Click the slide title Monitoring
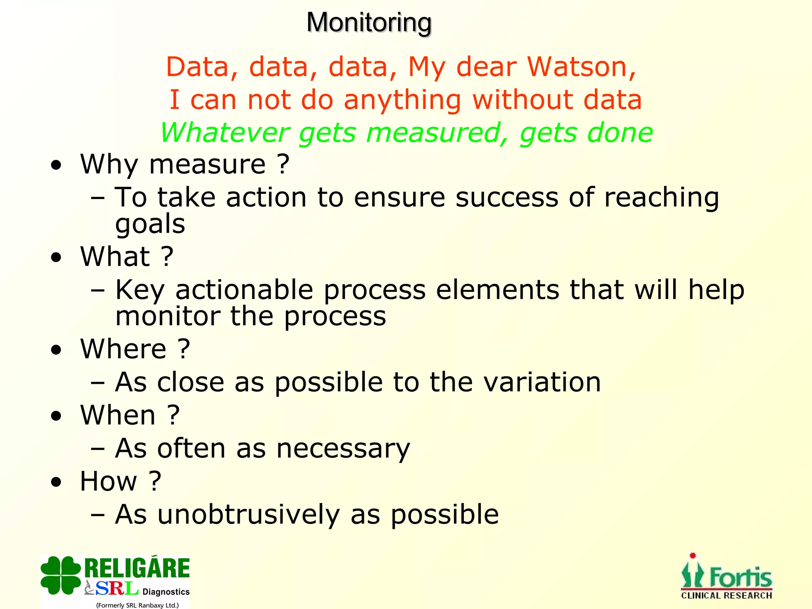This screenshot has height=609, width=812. (369, 23)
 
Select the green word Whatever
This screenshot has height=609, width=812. (224, 132)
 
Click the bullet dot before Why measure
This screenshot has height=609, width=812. (56, 166)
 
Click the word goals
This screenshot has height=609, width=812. (150, 224)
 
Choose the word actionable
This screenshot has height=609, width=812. (244, 290)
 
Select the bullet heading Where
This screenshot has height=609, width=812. (123, 349)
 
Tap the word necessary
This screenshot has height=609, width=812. (343, 449)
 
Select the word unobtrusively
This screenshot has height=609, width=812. (249, 515)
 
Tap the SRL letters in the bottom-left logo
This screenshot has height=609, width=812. (117, 588)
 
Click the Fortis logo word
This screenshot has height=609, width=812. (741, 577)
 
